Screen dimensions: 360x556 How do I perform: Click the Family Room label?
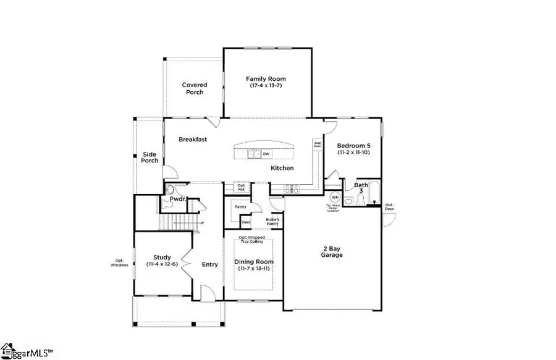pyautogui.click(x=266, y=79)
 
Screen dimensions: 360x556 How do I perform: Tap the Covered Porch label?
pyautogui.click(x=194, y=88)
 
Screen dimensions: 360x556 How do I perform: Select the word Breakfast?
pyautogui.click(x=193, y=140)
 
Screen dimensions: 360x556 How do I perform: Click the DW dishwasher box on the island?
pyautogui.click(x=266, y=154)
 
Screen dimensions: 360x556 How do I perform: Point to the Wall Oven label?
pyautogui.click(x=318, y=144)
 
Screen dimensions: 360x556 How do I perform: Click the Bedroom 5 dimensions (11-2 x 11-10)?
pyautogui.click(x=353, y=152)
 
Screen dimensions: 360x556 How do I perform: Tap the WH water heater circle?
pyautogui.click(x=335, y=198)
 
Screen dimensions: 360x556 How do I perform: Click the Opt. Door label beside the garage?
pyautogui.click(x=389, y=206)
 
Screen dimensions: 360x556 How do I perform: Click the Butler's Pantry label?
pyautogui.click(x=273, y=221)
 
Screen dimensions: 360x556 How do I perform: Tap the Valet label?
pyautogui.click(x=245, y=221)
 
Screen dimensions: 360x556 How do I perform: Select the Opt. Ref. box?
pyautogui.click(x=241, y=186)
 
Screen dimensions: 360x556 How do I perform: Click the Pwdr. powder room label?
pyautogui.click(x=170, y=199)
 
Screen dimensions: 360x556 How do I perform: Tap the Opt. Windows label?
pyautogui.click(x=121, y=262)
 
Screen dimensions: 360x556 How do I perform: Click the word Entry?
pyautogui.click(x=210, y=264)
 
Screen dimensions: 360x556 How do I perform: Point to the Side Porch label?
pyautogui.click(x=150, y=157)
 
